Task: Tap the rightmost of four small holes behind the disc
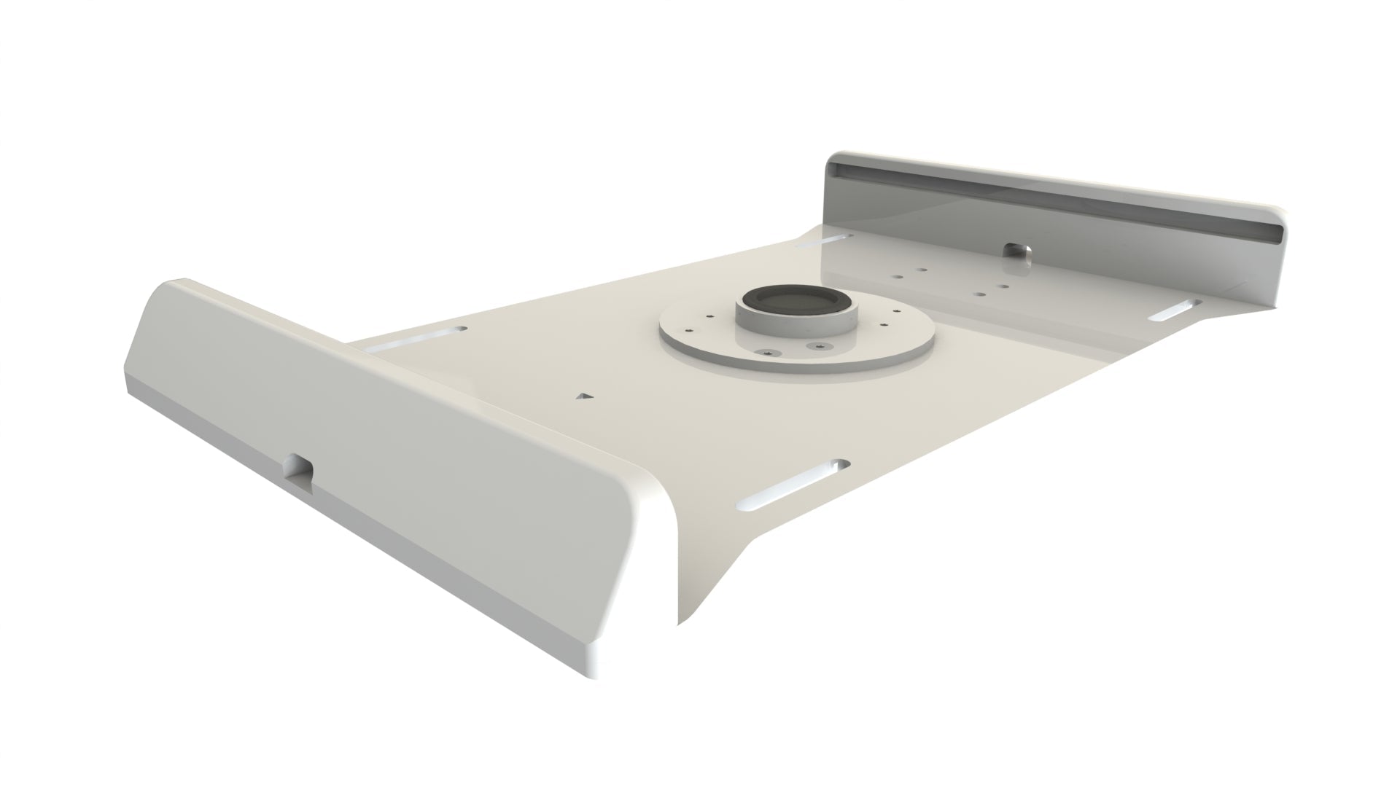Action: pos(1004,286)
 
